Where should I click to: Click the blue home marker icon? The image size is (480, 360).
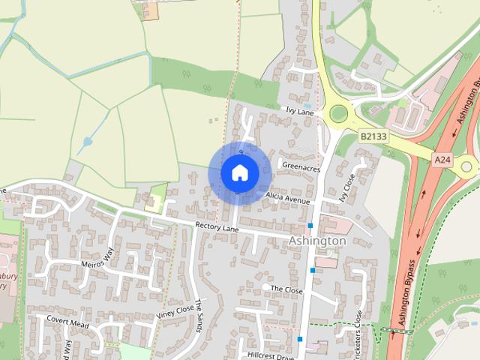coord(239,172)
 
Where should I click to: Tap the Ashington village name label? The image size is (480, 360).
coord(317,241)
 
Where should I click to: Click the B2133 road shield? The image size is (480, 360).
coord(373,136)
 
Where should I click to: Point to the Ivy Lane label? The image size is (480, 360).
coord(299,110)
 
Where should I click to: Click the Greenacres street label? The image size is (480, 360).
coord(300,169)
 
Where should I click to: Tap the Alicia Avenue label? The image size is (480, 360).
coord(287,201)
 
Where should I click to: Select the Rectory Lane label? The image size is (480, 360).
coord(216,225)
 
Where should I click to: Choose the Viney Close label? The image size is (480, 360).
coord(175,313)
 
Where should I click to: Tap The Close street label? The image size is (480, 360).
coord(286,289)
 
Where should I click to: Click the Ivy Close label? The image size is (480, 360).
coord(346,192)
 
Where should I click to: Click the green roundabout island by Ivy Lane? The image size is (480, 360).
coord(339,114)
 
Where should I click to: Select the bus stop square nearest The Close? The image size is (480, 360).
coord(313,270)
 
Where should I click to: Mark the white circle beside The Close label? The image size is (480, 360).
coord(265,287)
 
